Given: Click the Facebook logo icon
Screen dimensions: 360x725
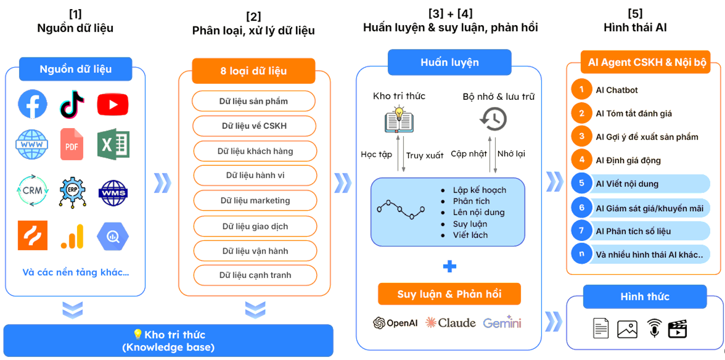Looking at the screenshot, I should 33,104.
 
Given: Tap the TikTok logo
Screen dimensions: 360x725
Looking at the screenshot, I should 73,104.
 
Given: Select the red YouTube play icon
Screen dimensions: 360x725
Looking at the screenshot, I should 112,104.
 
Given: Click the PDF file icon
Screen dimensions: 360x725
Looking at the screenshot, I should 72,144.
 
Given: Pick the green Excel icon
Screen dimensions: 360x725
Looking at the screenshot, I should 113,144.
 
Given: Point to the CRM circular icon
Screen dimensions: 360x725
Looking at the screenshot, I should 32,191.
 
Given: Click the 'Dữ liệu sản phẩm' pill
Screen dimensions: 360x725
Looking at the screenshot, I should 254,101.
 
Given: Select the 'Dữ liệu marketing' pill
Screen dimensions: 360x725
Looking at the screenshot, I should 255,200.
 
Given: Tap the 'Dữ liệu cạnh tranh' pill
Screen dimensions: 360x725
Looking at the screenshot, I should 255,275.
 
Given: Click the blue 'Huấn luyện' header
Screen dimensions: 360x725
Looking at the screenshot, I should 449,63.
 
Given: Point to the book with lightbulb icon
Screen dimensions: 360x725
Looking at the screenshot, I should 399,119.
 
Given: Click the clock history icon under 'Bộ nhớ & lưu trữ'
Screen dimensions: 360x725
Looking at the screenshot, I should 493,119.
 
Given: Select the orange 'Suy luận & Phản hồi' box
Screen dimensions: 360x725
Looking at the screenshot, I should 449,294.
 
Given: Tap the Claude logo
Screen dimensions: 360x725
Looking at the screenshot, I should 450,323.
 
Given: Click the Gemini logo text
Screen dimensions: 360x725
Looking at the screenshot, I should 502,323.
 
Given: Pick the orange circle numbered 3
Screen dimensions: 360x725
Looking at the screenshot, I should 581,137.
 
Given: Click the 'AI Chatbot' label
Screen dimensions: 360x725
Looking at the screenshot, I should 617,90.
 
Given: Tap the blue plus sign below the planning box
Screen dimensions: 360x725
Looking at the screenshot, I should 449,266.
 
